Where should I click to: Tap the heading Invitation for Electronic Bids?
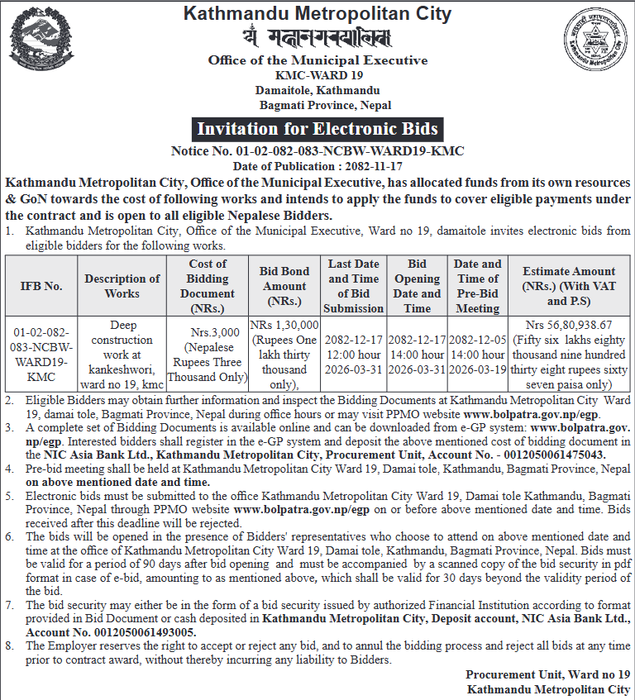pyautogui.click(x=317, y=129)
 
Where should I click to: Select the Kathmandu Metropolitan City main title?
pyautogui.click(x=317, y=14)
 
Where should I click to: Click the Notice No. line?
pyautogui.click(x=317, y=151)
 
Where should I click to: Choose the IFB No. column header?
pyautogui.click(x=41, y=286)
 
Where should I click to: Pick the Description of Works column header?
pyautogui.click(x=122, y=286)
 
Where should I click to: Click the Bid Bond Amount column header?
pyautogui.click(x=284, y=286)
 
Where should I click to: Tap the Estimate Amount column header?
pyautogui.click(x=569, y=286)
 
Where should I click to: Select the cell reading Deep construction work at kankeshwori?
pyautogui.click(x=122, y=355)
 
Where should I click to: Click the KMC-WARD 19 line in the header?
pyautogui.click(x=317, y=75)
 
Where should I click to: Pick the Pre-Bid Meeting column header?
pyautogui.click(x=478, y=286)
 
